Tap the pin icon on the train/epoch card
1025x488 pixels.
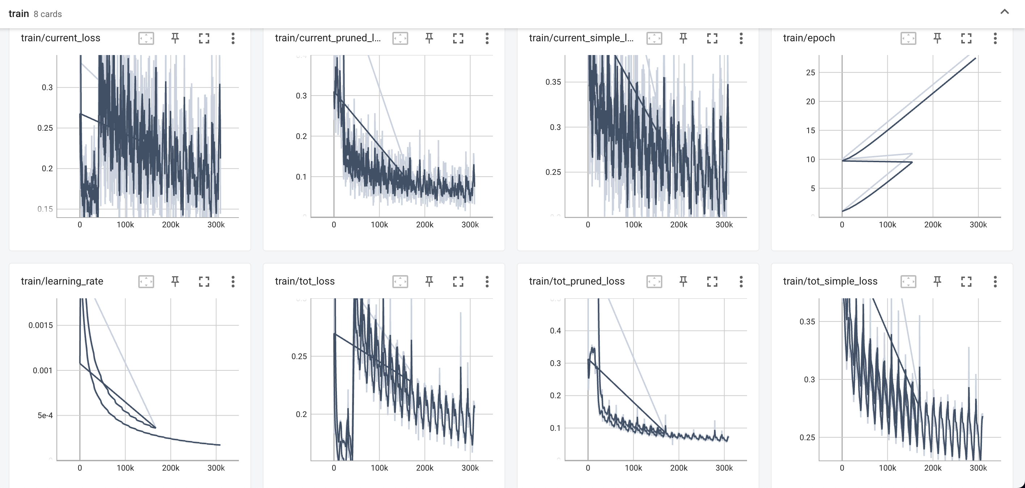tap(937, 38)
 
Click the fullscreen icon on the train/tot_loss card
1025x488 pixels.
tap(458, 281)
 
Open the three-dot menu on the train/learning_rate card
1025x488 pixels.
tap(233, 281)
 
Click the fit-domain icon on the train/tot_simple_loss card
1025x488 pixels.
tap(908, 281)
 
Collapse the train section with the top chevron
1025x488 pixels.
tap(1004, 12)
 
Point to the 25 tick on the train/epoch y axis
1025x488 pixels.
tap(810, 72)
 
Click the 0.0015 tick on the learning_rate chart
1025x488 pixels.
tap(40, 325)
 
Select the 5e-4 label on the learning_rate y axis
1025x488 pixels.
tap(45, 416)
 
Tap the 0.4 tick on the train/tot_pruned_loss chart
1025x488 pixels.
tap(555, 331)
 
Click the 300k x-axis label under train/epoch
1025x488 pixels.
tap(978, 224)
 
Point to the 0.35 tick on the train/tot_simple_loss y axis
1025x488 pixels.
tap(807, 321)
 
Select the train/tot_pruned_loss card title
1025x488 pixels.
tap(577, 281)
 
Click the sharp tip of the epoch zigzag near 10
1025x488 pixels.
tap(912, 162)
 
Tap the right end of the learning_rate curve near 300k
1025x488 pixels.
tap(220, 445)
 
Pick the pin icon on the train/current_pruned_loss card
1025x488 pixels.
tap(429, 38)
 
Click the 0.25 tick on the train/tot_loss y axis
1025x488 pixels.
tap(299, 356)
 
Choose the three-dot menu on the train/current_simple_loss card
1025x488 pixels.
tap(741, 38)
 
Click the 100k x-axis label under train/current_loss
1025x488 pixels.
tap(125, 224)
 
